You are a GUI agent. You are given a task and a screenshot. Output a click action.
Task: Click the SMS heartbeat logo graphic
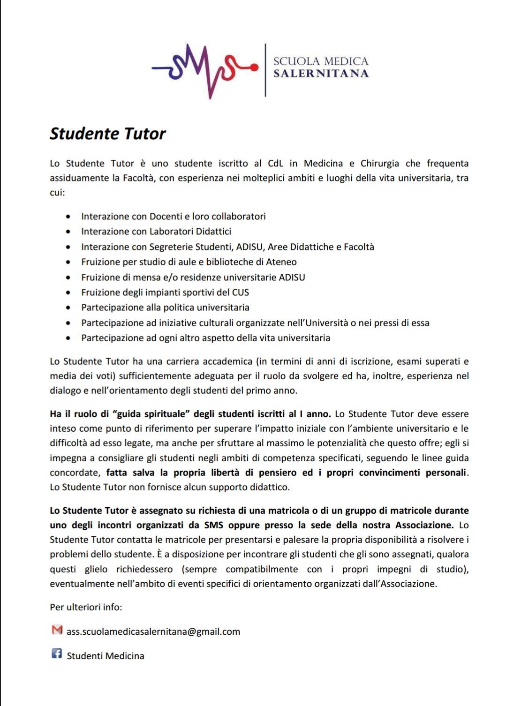click(x=205, y=70)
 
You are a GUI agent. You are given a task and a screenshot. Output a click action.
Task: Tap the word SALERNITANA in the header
click(x=321, y=74)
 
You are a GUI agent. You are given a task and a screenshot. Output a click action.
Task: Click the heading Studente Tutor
click(x=108, y=134)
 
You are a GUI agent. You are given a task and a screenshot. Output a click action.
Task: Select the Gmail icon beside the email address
click(x=57, y=630)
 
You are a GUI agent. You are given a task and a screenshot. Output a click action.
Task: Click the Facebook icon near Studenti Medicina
click(x=57, y=653)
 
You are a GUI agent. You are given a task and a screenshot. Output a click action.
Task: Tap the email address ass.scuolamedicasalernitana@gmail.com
click(x=153, y=631)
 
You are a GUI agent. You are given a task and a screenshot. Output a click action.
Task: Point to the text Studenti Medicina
click(x=106, y=656)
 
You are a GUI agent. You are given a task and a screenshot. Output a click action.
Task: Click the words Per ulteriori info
click(x=86, y=607)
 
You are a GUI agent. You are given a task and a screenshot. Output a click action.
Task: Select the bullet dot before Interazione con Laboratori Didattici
click(x=68, y=232)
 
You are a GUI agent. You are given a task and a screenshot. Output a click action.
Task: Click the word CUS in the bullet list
click(x=241, y=293)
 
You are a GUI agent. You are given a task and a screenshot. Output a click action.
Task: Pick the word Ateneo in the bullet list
click(x=281, y=262)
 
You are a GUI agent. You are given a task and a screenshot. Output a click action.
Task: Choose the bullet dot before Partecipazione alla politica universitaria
click(x=68, y=308)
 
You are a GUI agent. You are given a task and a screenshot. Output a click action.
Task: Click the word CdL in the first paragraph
click(x=275, y=164)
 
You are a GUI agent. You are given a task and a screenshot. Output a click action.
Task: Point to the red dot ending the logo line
click(x=255, y=68)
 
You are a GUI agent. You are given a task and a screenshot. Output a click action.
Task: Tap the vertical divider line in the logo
click(x=265, y=70)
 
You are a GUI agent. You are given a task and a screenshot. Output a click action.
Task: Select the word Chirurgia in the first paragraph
click(x=379, y=164)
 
